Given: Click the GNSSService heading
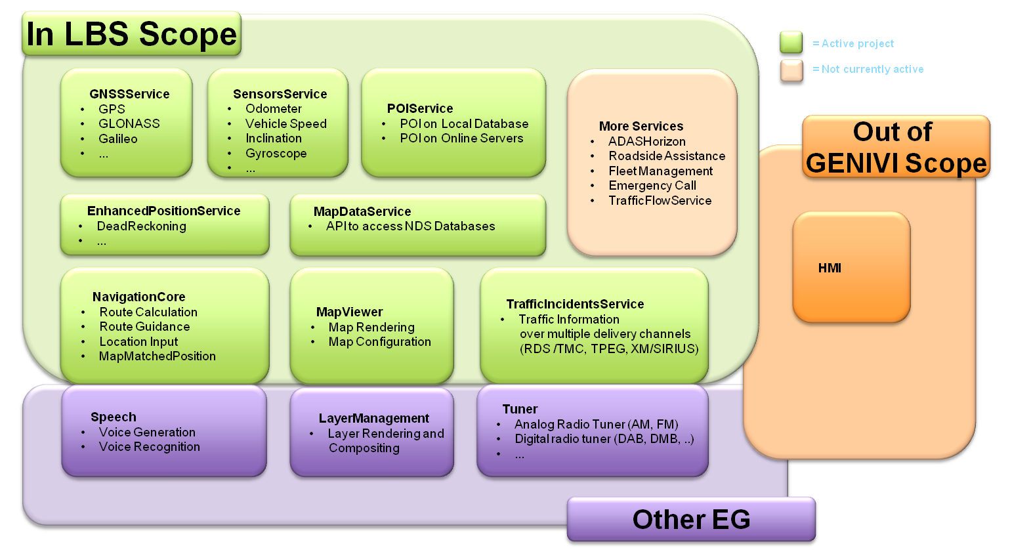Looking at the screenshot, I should [129, 94].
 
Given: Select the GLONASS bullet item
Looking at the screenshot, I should [129, 123].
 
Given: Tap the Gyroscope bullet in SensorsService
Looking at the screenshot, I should [276, 153].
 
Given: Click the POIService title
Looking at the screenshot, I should [419, 108].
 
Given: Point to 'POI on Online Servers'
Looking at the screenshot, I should [461, 138].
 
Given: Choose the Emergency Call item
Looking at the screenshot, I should [652, 185].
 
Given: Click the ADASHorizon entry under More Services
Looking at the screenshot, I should [646, 141].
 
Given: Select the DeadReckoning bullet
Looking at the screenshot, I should [141, 226].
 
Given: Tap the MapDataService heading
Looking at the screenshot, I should [362, 211].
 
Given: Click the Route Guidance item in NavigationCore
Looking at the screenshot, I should [144, 326].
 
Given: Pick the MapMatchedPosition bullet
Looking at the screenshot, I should [157, 356].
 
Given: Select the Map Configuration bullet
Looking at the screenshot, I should [379, 341].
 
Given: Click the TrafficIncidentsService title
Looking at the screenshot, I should [575, 304].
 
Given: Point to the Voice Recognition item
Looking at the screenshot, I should [149, 446].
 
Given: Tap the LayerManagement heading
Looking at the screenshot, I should [373, 418].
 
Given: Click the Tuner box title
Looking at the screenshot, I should [520, 409].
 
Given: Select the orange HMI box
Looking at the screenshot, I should [851, 267].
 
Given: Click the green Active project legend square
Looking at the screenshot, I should [791, 43].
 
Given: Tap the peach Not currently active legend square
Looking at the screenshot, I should [791, 70].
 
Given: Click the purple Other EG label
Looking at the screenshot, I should [691, 519].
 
